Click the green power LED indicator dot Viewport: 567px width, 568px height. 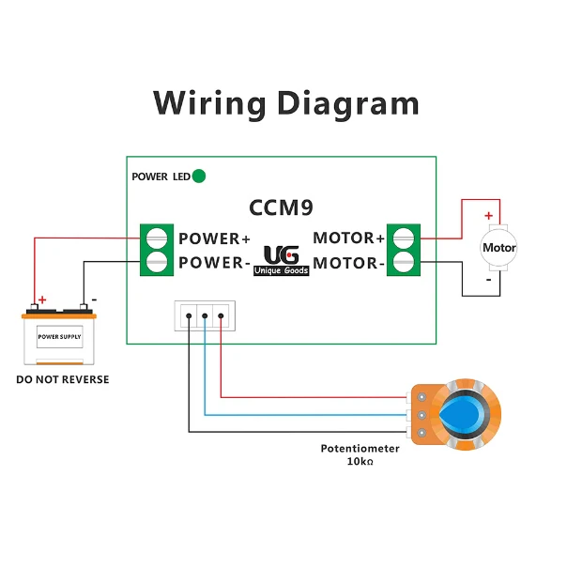(198, 177)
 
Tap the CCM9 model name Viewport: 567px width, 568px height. (281, 207)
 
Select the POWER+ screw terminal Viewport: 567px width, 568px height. (157, 238)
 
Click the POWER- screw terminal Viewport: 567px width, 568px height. (157, 262)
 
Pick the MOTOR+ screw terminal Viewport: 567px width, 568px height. (404, 238)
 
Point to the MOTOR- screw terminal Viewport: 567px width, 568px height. (404, 262)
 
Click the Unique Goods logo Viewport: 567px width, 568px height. (281, 260)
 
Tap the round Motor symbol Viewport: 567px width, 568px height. (498, 248)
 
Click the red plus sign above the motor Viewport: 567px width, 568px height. (488, 216)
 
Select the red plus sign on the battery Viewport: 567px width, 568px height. (42, 299)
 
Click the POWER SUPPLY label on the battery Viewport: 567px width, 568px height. (59, 336)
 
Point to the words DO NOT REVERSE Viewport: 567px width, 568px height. (63, 379)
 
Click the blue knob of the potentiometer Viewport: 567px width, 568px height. (461, 414)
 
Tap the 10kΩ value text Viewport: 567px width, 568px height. (360, 462)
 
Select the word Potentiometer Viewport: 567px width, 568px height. (360, 449)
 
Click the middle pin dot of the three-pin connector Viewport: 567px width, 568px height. (205, 315)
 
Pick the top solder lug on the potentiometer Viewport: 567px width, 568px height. (421, 397)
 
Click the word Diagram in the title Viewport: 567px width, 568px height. (348, 103)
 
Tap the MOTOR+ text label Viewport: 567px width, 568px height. (348, 238)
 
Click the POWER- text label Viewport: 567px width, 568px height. (214, 263)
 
